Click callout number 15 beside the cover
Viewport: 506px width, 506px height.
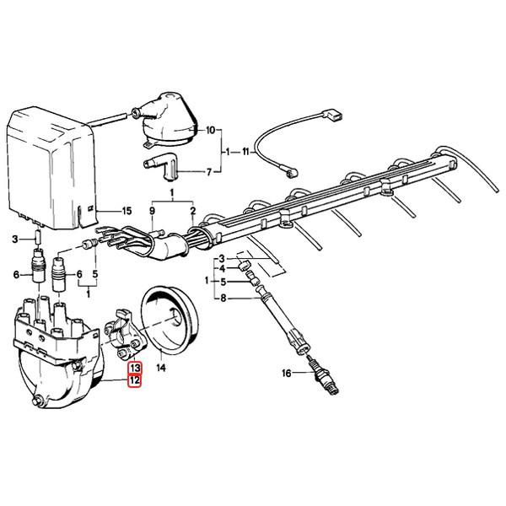pyautogui.click(x=126, y=210)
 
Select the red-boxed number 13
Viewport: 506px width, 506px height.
pyautogui.click(x=134, y=369)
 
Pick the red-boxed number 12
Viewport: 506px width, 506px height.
pyautogui.click(x=134, y=381)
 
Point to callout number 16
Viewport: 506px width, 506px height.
pyautogui.click(x=287, y=371)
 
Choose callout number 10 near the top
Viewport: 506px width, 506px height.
pyautogui.click(x=210, y=131)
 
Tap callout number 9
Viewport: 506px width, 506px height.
pyautogui.click(x=153, y=210)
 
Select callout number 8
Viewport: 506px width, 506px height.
pyautogui.click(x=223, y=298)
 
